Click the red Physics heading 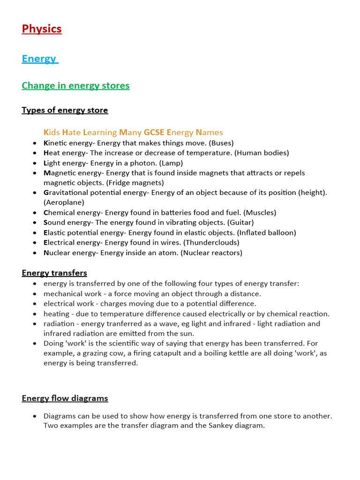(x=42, y=29)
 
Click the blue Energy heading (x=39, y=59)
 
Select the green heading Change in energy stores (x=75, y=86)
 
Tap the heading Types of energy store (x=65, y=110)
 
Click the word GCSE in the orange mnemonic (x=154, y=133)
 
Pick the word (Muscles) (x=260, y=213)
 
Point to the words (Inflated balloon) (x=266, y=233)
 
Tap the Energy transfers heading (x=54, y=273)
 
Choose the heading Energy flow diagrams (x=65, y=398)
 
